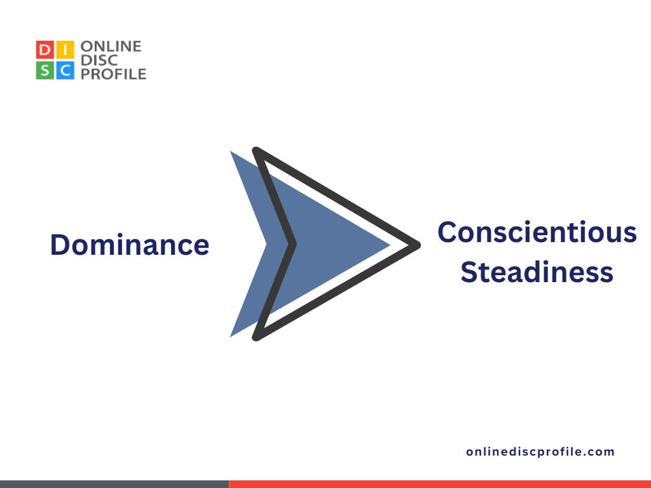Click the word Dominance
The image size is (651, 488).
point(130,245)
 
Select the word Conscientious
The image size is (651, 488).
point(537,232)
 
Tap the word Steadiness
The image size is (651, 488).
point(537,272)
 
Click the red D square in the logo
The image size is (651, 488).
point(45,50)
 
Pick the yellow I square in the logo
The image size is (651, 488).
point(65,50)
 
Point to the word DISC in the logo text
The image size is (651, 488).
point(97,60)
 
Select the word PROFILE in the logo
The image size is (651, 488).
point(114,74)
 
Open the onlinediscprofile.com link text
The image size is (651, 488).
point(540,452)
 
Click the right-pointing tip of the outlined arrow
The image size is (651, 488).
point(418,244)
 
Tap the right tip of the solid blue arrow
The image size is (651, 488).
point(390,244)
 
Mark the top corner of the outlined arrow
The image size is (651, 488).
point(256,151)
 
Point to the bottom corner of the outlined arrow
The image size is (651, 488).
point(256,336)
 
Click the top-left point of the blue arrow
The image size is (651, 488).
point(231,152)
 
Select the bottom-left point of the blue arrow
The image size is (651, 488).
point(231,335)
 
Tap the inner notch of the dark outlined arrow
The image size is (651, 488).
point(292,243)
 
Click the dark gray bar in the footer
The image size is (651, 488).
point(114,484)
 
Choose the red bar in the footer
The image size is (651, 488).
point(439,484)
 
